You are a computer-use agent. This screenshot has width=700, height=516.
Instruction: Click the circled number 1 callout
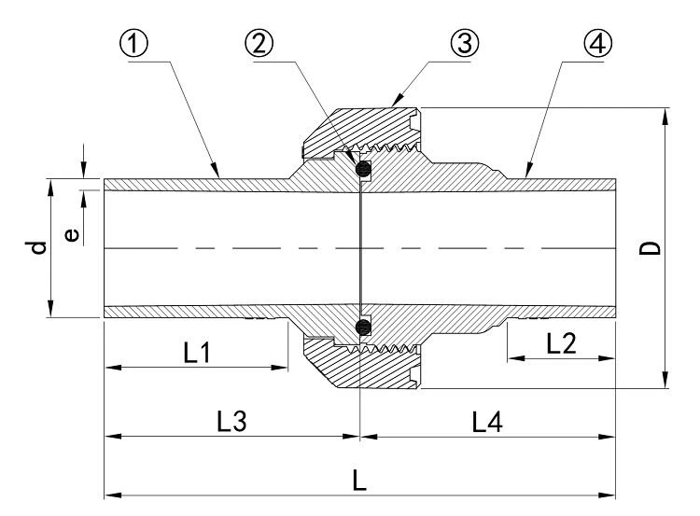click(x=133, y=44)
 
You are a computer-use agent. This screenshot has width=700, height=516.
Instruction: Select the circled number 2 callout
click(x=259, y=44)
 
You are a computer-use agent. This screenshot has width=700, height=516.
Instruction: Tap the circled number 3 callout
click(x=464, y=44)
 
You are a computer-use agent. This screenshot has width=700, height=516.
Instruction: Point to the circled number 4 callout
click(x=597, y=44)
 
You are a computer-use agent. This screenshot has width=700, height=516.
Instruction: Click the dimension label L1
click(x=197, y=352)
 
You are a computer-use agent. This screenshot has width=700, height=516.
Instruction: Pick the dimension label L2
click(x=561, y=343)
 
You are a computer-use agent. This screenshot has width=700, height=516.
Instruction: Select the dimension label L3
click(x=231, y=422)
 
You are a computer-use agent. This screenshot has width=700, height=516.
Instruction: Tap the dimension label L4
click(x=487, y=422)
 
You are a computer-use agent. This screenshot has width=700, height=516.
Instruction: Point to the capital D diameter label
click(x=650, y=248)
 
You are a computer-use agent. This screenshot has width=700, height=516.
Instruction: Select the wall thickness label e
click(x=72, y=235)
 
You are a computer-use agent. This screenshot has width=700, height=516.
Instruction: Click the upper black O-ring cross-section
click(x=364, y=169)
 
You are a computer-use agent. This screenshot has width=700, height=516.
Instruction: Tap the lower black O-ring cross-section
click(x=364, y=328)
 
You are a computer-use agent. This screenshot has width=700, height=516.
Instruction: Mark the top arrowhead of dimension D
click(x=665, y=116)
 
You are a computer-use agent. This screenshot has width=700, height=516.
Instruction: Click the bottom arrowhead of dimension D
click(x=665, y=380)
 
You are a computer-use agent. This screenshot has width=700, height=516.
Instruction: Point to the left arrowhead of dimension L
click(x=113, y=495)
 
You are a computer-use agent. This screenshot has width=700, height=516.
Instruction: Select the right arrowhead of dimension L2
click(x=608, y=358)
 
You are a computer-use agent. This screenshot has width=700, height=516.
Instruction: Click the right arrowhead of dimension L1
click(x=279, y=368)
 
